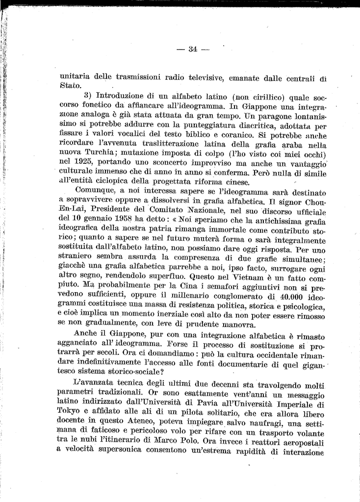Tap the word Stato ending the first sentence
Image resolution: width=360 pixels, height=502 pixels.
pos(69,86)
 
